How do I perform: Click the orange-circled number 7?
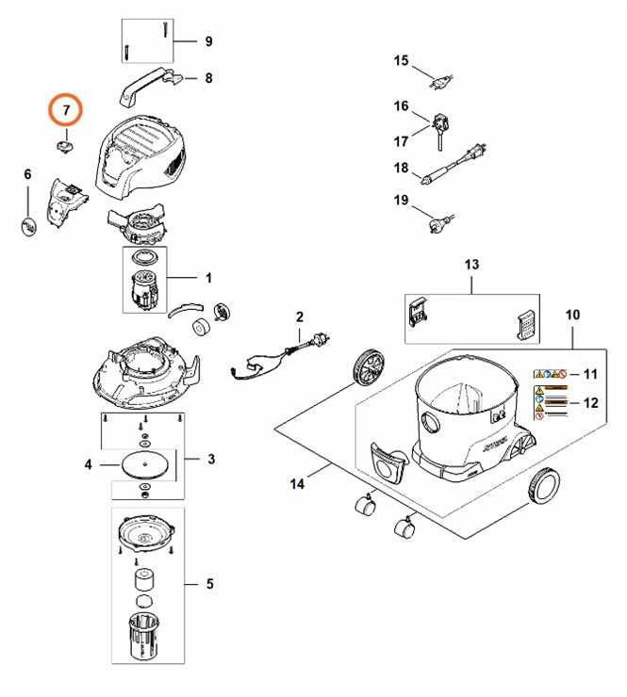66,111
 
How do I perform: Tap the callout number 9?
208,41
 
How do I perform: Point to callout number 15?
401,61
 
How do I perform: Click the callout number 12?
590,402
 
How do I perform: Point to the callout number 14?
297,484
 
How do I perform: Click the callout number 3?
211,459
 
